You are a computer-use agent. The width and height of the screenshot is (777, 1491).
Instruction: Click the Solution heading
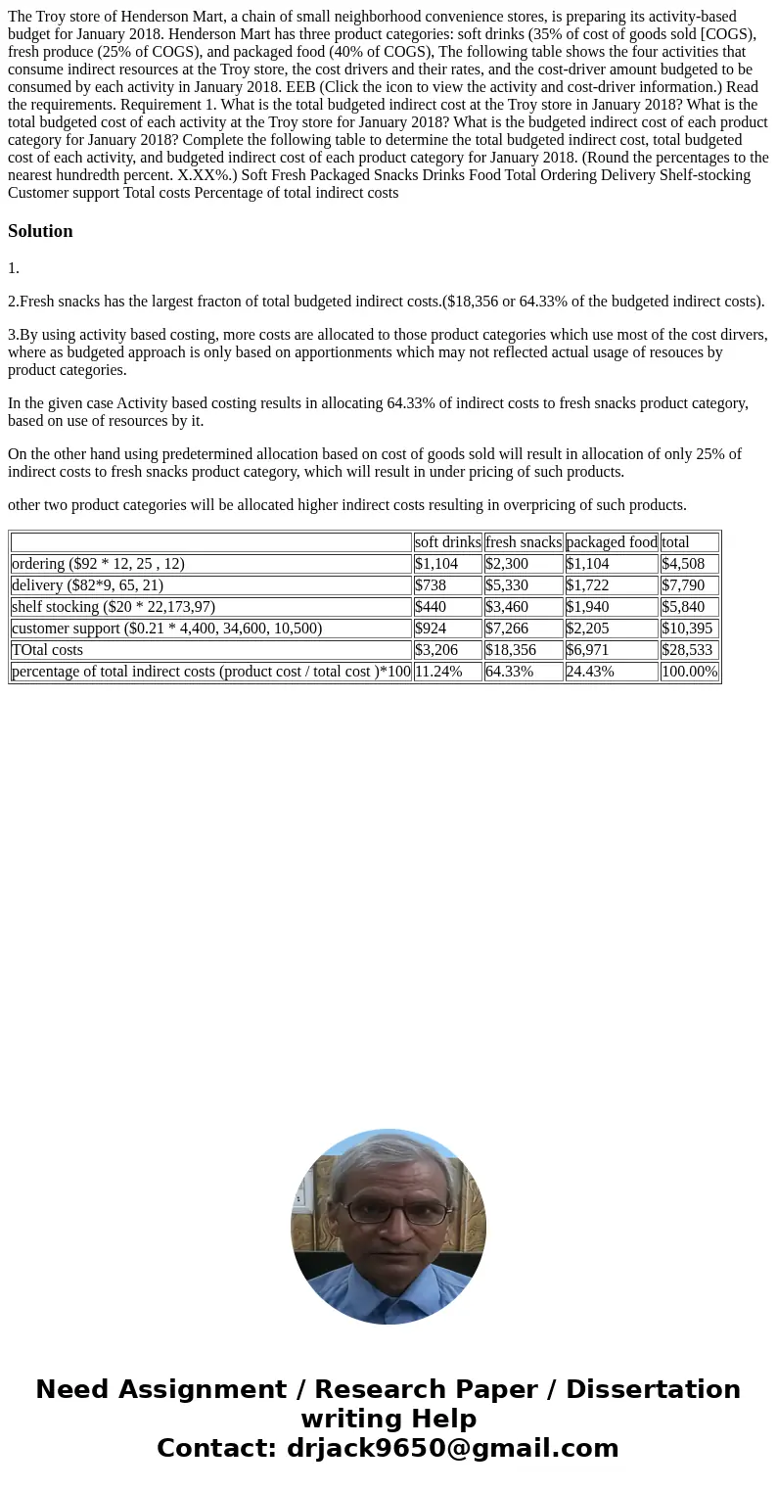pyautogui.click(x=40, y=231)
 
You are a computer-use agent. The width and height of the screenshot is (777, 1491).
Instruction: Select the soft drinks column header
pyautogui.click(x=447, y=542)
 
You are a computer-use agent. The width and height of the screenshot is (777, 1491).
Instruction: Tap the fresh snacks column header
pyautogui.click(x=524, y=542)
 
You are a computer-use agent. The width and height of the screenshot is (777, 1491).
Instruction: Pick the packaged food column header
pyautogui.click(x=612, y=542)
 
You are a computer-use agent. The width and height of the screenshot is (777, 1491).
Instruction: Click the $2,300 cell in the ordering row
pyautogui.click(x=507, y=564)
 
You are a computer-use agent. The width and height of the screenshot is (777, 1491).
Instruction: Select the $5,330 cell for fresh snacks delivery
pyautogui.click(x=507, y=585)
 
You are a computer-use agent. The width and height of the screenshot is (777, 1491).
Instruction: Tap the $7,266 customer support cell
pyautogui.click(x=507, y=629)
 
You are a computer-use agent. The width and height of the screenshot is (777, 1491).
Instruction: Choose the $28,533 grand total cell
pyautogui.click(x=687, y=650)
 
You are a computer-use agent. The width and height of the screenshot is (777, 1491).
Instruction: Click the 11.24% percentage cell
pyautogui.click(x=438, y=672)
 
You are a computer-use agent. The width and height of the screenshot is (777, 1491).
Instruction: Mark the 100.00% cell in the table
pyautogui.click(x=689, y=672)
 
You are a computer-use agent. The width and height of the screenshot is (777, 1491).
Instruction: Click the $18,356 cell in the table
pyautogui.click(x=511, y=650)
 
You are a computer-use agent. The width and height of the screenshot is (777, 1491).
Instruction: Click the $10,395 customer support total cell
pyautogui.click(x=687, y=629)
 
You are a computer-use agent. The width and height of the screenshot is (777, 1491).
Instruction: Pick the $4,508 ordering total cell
pyautogui.click(x=683, y=564)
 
